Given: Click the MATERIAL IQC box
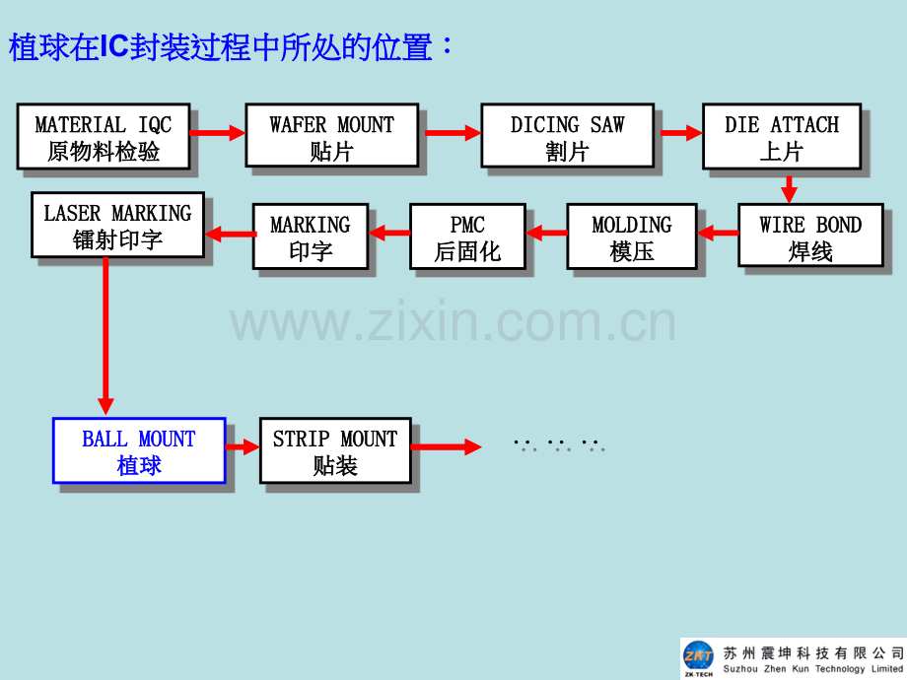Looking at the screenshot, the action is [104, 136].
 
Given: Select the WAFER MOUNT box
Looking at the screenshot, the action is [332, 136].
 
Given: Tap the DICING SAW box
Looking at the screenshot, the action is [568, 136].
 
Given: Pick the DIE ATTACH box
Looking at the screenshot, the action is [782, 136].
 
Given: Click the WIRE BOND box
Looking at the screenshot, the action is [811, 236].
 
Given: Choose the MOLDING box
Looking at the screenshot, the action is [632, 236].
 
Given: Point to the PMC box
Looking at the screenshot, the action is [468, 236].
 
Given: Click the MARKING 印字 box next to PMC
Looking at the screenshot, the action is [311, 236].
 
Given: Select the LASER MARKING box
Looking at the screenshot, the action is [118, 225].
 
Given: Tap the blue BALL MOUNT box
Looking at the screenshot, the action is [139, 450].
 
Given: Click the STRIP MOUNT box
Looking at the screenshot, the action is [335, 450].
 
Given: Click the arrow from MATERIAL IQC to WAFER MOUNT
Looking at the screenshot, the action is [218, 133].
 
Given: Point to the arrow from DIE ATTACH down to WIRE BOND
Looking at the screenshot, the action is [789, 187].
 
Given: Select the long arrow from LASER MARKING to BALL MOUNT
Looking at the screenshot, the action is [105, 336].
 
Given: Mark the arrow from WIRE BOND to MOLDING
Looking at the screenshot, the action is [718, 233].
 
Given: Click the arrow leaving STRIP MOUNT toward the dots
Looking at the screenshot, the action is [446, 446].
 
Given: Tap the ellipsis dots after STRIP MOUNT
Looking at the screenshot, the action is [559, 444].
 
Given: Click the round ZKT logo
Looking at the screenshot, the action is [698, 655].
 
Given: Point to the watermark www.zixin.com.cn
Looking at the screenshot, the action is [453, 321].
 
